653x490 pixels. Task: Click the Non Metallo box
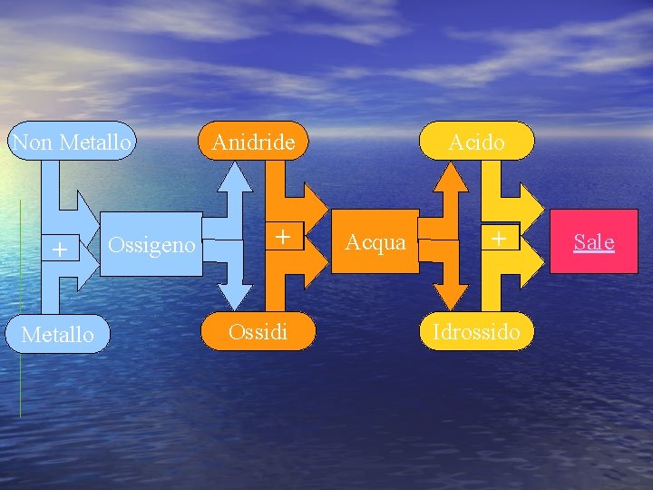click(71, 142)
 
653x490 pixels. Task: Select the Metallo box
click(57, 334)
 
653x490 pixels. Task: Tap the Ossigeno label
click(151, 245)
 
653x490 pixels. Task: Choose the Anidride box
click(253, 142)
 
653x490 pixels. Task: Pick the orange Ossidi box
click(258, 331)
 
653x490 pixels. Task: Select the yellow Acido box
click(476, 142)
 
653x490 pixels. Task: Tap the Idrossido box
click(476, 331)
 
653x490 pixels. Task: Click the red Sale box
click(594, 242)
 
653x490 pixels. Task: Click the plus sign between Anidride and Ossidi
click(283, 237)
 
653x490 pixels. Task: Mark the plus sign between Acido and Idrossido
click(498, 238)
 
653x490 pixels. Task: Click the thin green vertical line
click(20, 309)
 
